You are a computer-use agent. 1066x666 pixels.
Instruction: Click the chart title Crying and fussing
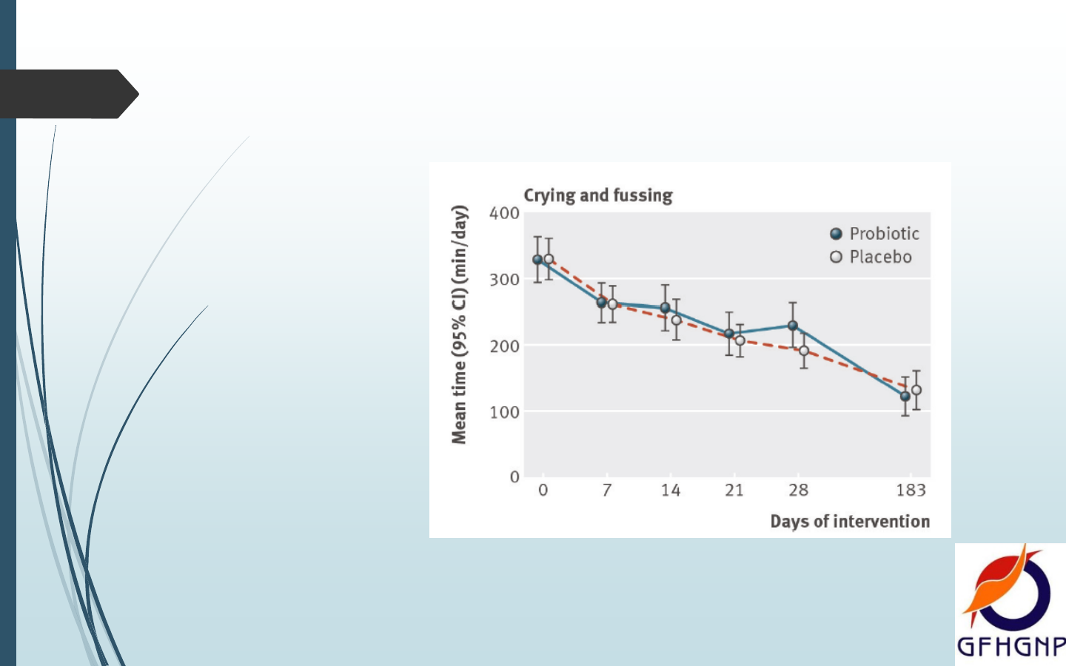[x=598, y=195]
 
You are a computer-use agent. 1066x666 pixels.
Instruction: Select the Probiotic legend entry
[x=874, y=234]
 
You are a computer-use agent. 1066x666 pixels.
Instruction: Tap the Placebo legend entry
[x=871, y=257]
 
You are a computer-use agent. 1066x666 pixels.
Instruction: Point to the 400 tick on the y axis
[x=504, y=213]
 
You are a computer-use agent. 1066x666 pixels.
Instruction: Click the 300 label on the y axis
[x=504, y=280]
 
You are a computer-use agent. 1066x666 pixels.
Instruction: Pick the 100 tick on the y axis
[x=504, y=412]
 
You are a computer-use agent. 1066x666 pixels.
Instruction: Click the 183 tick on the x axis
[x=911, y=490]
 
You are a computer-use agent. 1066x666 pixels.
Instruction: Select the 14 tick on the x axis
[x=671, y=490]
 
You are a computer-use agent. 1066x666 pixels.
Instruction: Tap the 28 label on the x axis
[x=798, y=490]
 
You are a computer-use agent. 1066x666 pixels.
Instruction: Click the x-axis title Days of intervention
[x=850, y=522]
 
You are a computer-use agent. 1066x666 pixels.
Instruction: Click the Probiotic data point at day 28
[x=793, y=326]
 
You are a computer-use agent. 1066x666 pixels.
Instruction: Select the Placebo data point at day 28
[x=804, y=351]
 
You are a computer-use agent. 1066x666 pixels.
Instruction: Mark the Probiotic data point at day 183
[x=905, y=397]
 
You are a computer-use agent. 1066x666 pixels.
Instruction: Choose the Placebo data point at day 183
[x=916, y=390]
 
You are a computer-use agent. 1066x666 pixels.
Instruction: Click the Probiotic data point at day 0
[x=537, y=260]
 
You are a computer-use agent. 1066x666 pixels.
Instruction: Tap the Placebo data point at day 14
[x=676, y=320]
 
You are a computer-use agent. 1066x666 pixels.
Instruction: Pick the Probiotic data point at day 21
[x=729, y=334]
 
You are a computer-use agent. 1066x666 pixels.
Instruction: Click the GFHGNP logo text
[x=1010, y=647]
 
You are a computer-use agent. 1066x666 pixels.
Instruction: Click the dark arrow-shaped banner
[x=67, y=94]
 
